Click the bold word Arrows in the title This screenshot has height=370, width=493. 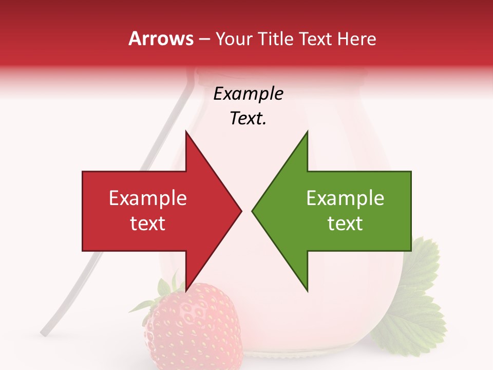[x=161, y=39]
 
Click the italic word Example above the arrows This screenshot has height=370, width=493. [x=248, y=94]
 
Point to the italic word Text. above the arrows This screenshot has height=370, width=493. [x=248, y=119]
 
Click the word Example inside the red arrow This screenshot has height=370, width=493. [x=148, y=198]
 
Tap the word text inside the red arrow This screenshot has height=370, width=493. [x=148, y=224]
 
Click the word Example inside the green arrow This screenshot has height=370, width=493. [x=345, y=198]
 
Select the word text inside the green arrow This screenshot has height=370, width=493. [x=345, y=224]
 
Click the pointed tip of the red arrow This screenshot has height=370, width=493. [x=241, y=211]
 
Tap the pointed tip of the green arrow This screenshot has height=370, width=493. [x=253, y=211]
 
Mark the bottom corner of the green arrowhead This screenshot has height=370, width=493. [x=307, y=291]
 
